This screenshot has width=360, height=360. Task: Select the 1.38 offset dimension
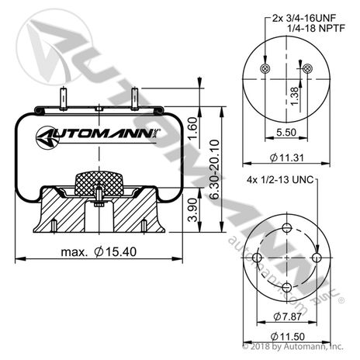pyautogui.click(x=293, y=93)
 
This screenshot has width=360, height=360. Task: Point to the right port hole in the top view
pyautogui.click(x=308, y=70)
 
